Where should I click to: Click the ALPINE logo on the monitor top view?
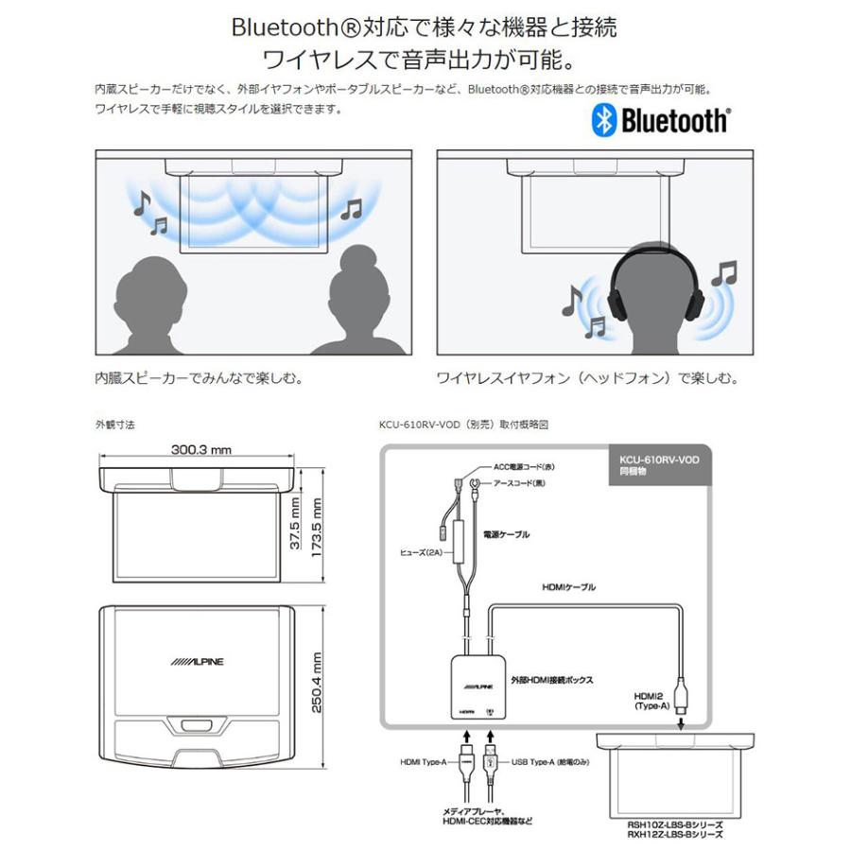coord(198,662)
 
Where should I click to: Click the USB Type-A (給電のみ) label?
coord(548,760)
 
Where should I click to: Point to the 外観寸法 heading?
coord(115,425)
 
